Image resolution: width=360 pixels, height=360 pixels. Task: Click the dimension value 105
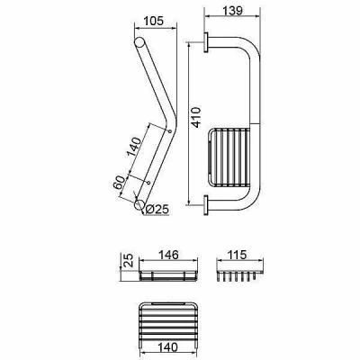(x=154, y=21)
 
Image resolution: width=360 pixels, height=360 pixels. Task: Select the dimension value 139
(x=232, y=11)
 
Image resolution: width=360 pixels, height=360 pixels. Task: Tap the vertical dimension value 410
(x=196, y=117)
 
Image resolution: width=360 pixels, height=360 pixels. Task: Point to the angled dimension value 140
(x=134, y=147)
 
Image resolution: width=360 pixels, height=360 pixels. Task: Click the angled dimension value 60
(x=119, y=183)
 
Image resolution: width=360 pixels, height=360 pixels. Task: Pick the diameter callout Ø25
(x=157, y=209)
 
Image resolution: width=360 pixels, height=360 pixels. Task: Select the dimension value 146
(x=168, y=255)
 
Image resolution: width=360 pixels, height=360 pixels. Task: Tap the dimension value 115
(x=237, y=255)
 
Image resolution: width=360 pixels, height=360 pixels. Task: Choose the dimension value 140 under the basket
(x=167, y=347)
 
